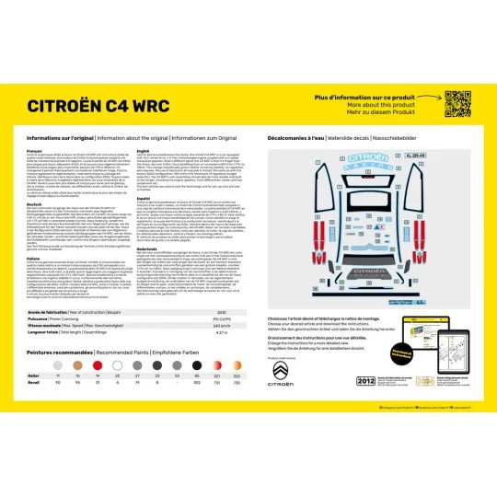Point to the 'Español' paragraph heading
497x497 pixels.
144,220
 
